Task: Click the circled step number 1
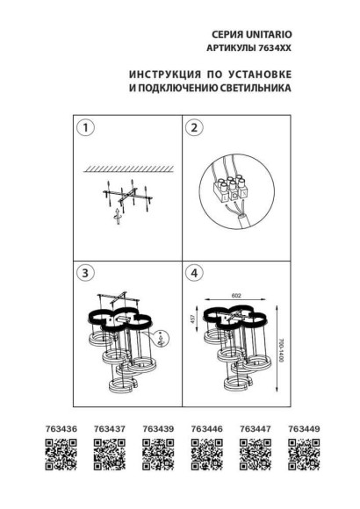pos(85,129)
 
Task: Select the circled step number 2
pos(197,129)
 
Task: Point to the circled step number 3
pos(85,273)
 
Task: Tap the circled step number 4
pos(197,273)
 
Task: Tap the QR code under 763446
pos(206,455)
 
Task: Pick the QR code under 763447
pos(256,455)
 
